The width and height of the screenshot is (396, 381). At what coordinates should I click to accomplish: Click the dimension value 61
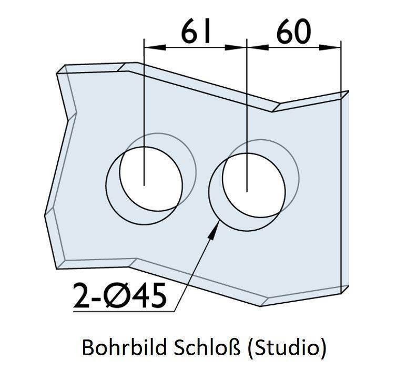(x=196, y=32)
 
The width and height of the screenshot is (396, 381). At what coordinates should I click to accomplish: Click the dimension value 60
(x=293, y=32)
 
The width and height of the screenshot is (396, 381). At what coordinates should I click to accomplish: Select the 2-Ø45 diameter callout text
(x=119, y=295)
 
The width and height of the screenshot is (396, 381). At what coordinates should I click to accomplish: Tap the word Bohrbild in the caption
(x=124, y=347)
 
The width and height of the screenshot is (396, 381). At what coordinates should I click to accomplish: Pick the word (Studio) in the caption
(x=287, y=348)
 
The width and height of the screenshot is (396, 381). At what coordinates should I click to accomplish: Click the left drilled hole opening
(x=151, y=179)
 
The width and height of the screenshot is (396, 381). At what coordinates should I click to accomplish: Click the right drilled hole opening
(x=254, y=185)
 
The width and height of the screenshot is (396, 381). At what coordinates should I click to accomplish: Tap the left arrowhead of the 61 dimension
(x=155, y=47)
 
